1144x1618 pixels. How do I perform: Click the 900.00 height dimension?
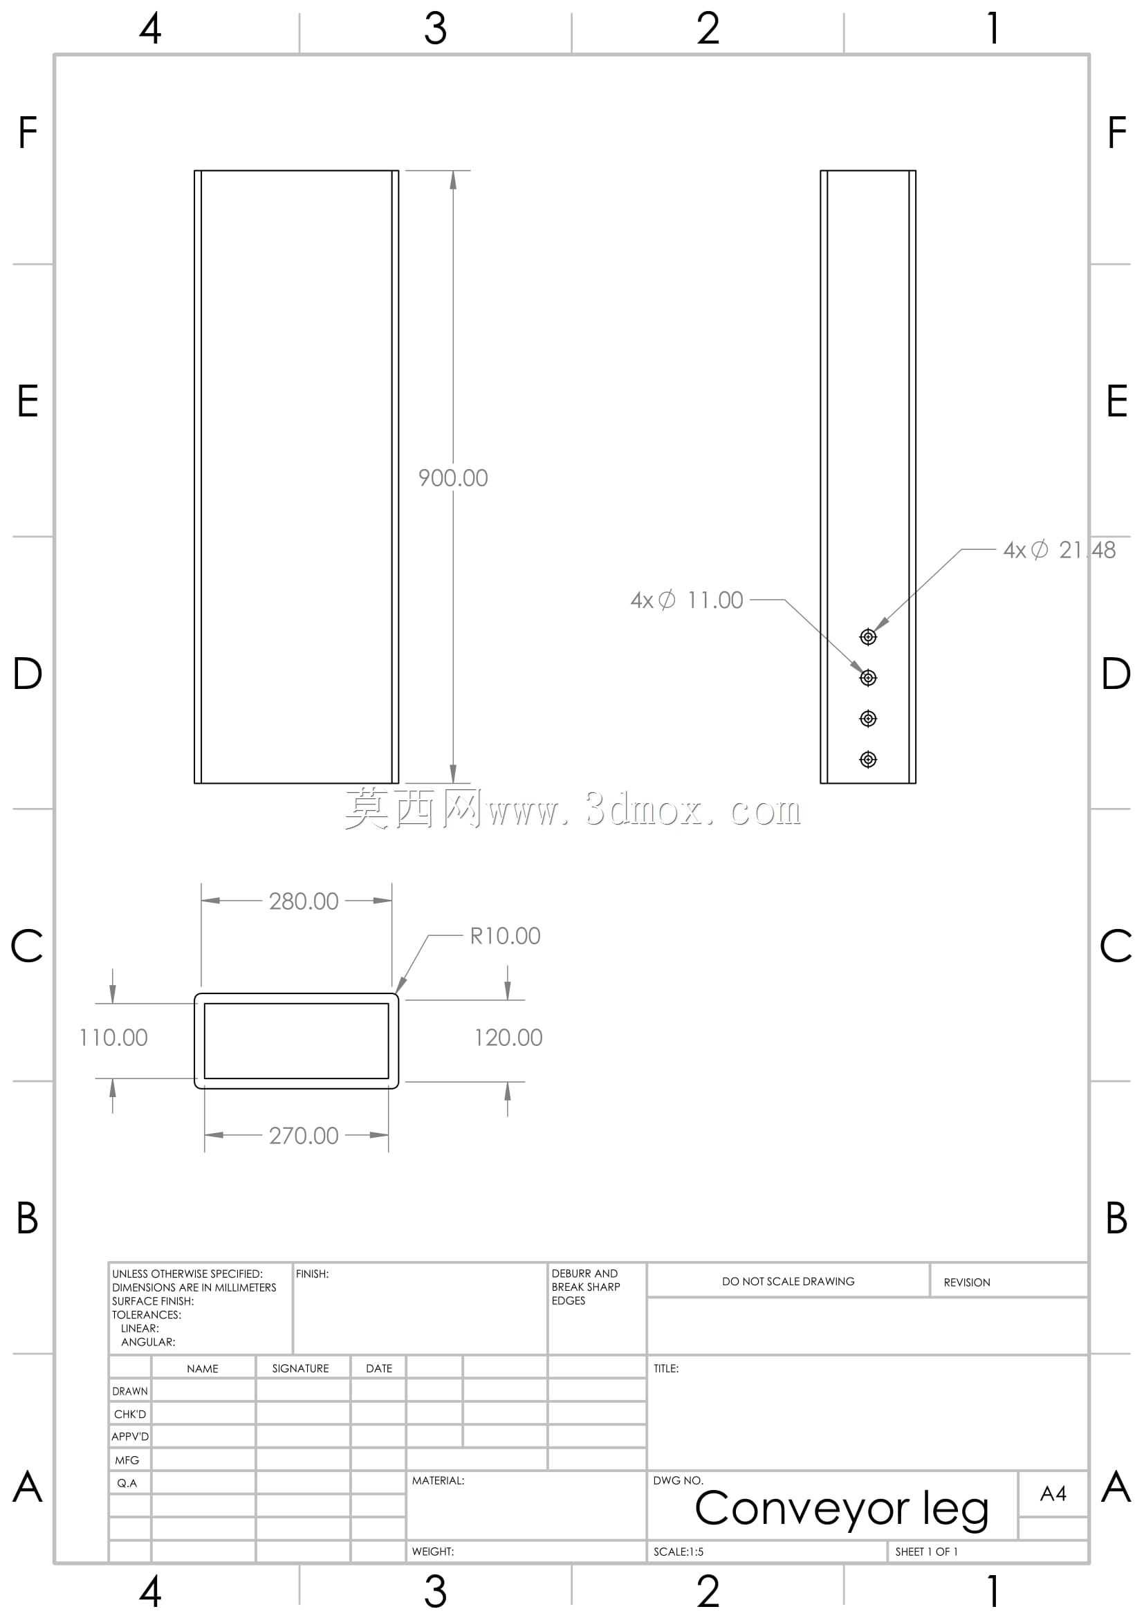pos(453,478)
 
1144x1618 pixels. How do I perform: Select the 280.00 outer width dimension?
pos(304,901)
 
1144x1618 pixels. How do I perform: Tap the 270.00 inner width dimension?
pos(304,1135)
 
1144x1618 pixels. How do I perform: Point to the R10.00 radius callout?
pos(505,936)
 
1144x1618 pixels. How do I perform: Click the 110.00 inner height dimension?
pos(113,1038)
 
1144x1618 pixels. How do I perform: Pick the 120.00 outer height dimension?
pos(508,1038)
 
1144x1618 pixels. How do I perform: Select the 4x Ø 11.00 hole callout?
pos(687,600)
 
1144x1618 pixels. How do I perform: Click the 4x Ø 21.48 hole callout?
pos(1060,550)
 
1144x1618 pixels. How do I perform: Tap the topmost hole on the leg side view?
pos(869,637)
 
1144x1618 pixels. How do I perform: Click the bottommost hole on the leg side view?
pos(869,759)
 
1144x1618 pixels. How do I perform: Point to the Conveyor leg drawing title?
pos(842,1509)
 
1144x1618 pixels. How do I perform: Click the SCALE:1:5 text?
pos(679,1552)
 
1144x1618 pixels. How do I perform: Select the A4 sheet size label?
pos(1053,1493)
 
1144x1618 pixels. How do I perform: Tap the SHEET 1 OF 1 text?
pos(926,1552)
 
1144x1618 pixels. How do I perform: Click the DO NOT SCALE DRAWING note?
pos(788,1281)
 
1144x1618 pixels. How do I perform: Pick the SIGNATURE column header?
pos(301,1368)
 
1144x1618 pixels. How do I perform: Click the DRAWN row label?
pos(130,1391)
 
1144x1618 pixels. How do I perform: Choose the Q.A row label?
pos(127,1482)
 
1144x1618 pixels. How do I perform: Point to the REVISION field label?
pos(967,1283)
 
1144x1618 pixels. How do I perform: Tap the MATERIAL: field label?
pos(438,1480)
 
